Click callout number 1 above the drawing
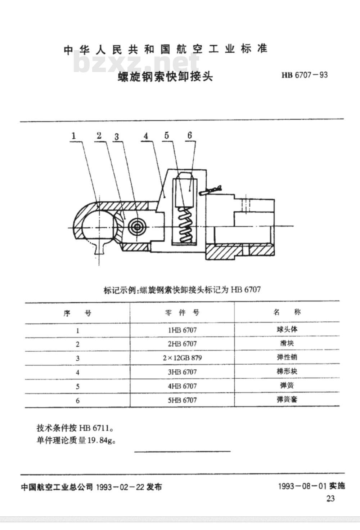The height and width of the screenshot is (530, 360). click(x=74, y=136)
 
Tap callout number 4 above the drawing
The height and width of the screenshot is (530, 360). click(x=146, y=136)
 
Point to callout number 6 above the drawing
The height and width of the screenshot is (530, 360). click(x=190, y=135)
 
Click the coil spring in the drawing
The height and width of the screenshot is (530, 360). click(x=185, y=224)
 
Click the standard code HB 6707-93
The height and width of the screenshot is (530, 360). click(x=305, y=75)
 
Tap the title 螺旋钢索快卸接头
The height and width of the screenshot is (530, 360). click(x=165, y=76)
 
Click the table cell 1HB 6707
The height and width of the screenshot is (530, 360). click(x=182, y=330)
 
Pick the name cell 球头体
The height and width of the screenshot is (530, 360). click(x=287, y=329)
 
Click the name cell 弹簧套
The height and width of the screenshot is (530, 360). click(x=287, y=400)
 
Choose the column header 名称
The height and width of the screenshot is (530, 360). click(x=287, y=312)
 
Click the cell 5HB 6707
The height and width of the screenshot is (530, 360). click(x=182, y=400)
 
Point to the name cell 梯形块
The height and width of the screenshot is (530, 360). click(x=287, y=371)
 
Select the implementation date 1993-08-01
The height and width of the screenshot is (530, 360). click(x=302, y=486)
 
